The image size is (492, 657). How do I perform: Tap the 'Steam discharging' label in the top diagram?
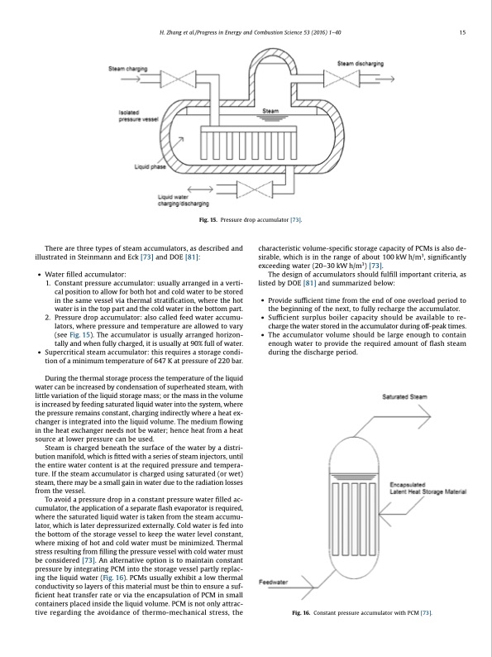coord(361,64)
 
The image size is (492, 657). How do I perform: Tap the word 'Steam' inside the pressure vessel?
coord(270,111)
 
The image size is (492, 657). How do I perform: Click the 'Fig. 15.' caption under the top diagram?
coord(200,221)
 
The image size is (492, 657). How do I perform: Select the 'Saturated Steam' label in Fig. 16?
coord(404,397)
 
